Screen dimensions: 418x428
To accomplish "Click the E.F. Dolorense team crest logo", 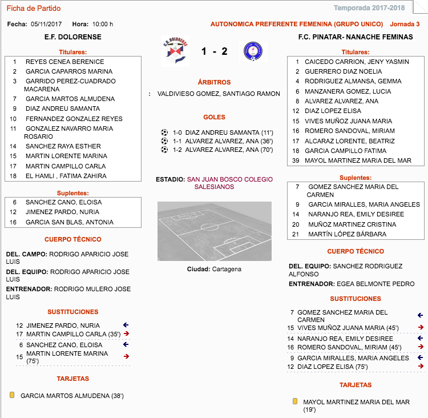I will (176, 51).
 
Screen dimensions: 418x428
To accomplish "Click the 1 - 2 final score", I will (214, 52).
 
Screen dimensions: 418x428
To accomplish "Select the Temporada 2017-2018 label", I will (377, 8).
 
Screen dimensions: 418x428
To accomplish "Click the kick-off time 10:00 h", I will (103, 24).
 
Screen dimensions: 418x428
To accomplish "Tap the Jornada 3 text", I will (405, 24).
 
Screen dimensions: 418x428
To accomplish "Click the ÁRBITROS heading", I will (214, 82).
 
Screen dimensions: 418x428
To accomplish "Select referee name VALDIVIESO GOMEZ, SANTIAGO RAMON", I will (219, 94).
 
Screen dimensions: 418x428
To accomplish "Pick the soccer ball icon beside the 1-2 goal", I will (164, 150).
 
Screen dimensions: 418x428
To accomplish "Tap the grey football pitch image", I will (214, 231).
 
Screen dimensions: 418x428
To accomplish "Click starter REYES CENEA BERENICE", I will (64, 62).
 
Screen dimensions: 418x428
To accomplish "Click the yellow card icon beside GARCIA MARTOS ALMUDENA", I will (12, 395).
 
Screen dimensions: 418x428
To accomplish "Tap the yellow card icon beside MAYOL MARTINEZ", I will (294, 402).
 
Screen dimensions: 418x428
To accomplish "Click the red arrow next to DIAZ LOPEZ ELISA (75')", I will (421, 367).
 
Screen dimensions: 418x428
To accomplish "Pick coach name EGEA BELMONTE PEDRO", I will (375, 284).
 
